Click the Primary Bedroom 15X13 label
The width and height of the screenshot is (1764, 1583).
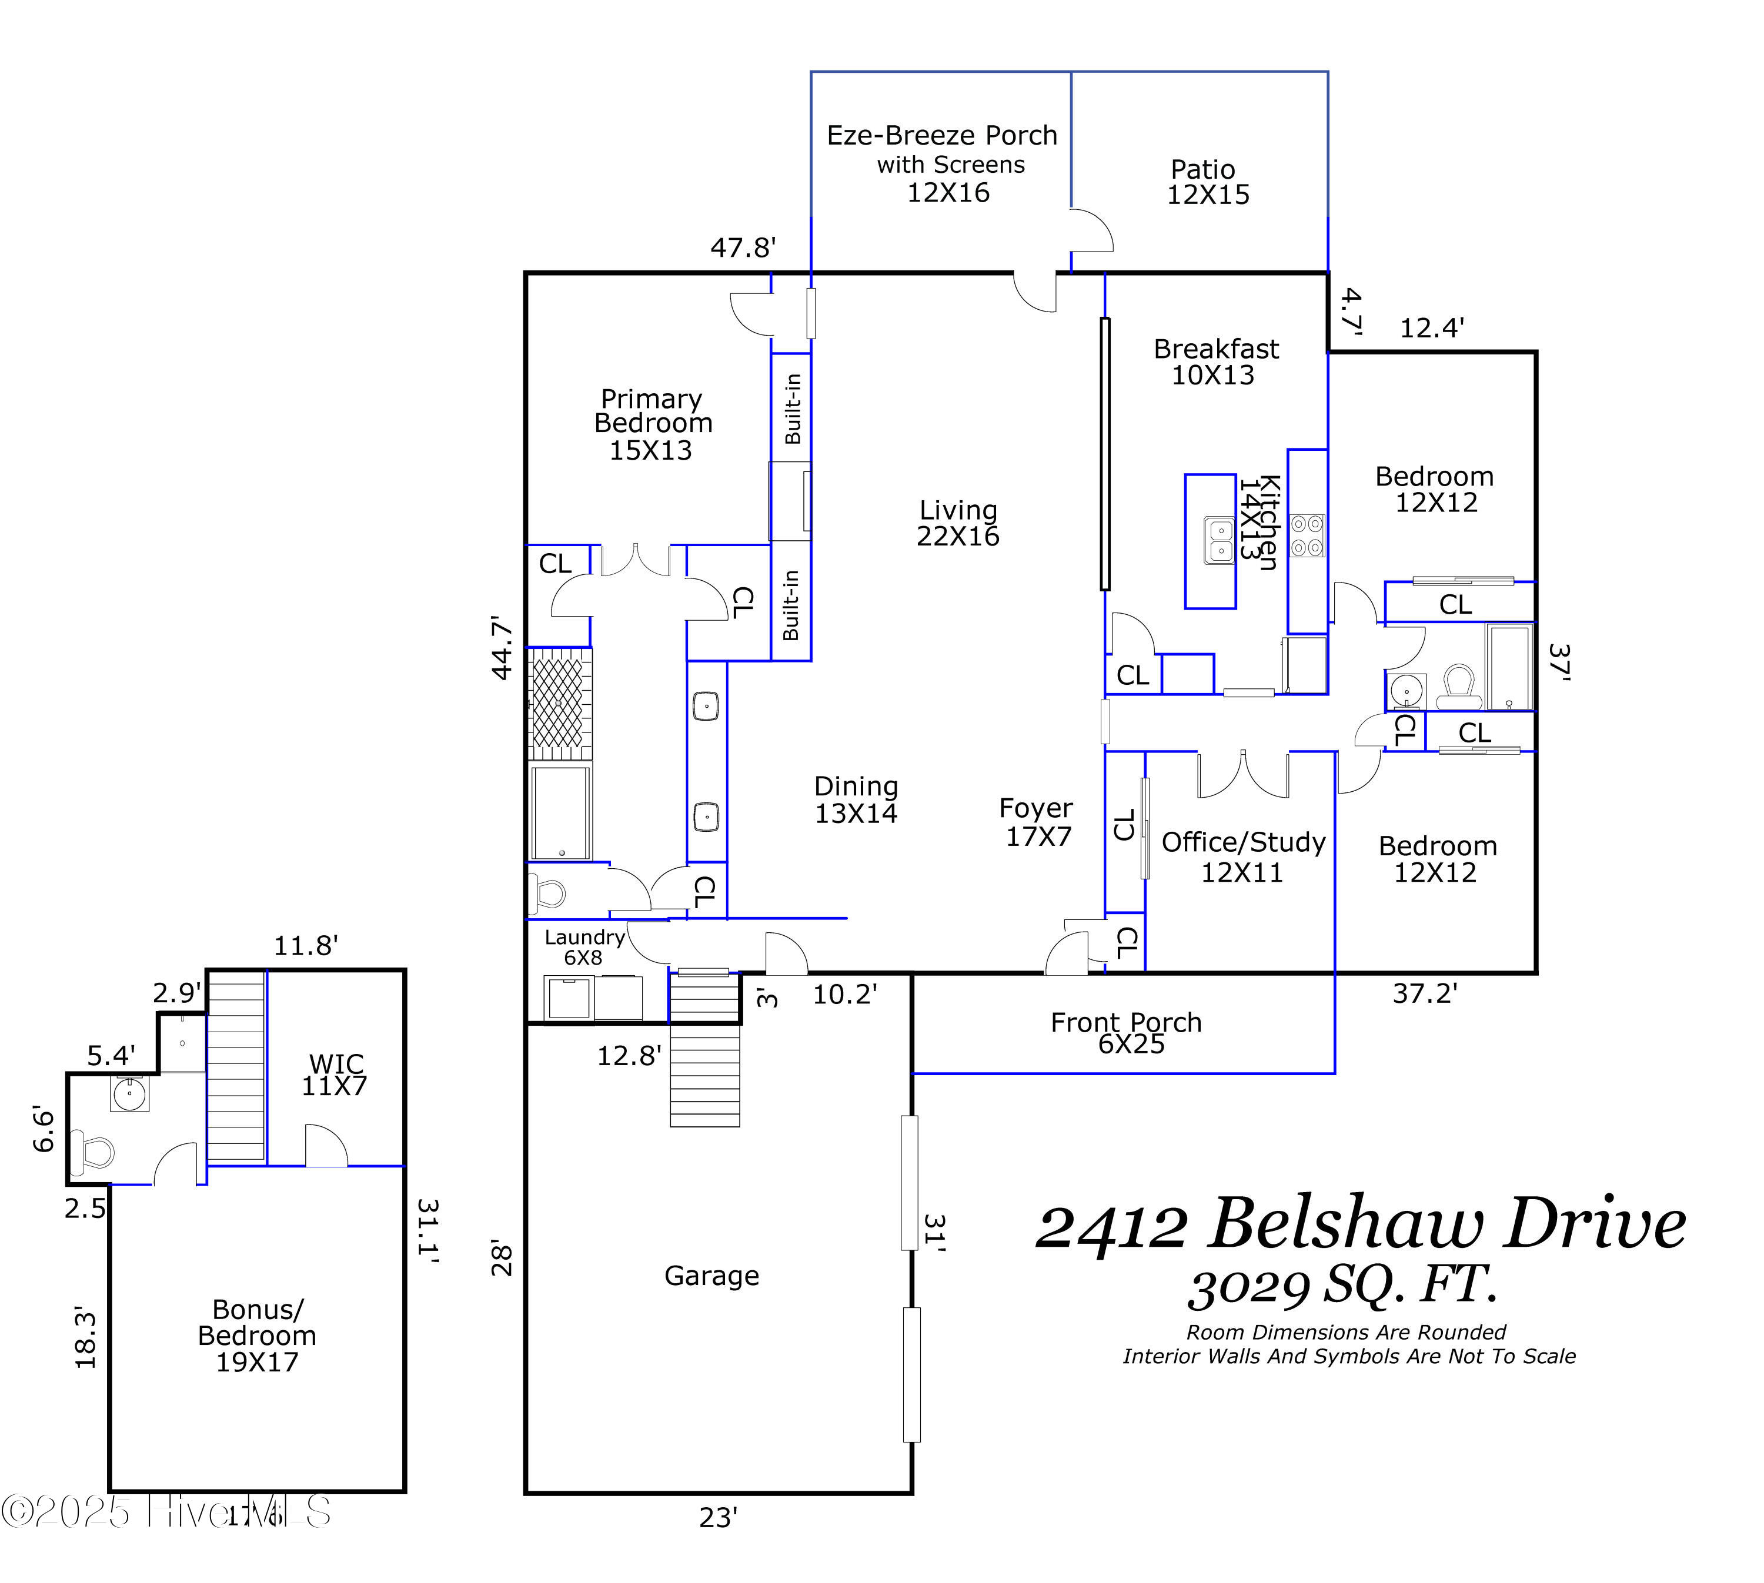pos(652,424)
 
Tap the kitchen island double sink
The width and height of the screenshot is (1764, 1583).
pos(1218,539)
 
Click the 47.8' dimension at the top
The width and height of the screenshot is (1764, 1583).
pos(743,248)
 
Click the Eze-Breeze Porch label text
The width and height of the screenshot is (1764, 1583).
pos(942,136)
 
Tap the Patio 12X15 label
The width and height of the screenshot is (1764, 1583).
pos(1207,182)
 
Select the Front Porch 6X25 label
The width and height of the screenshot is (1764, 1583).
pos(1127,1032)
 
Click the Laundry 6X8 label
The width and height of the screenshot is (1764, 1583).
pos(584,947)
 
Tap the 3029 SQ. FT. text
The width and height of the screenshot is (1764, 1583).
pos(1342,1287)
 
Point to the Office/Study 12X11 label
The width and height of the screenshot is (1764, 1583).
pos(1243,856)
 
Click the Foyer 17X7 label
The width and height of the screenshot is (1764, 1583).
pos(1037,822)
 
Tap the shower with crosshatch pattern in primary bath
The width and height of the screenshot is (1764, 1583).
pos(559,703)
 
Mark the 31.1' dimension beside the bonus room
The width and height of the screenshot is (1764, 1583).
pos(428,1231)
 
